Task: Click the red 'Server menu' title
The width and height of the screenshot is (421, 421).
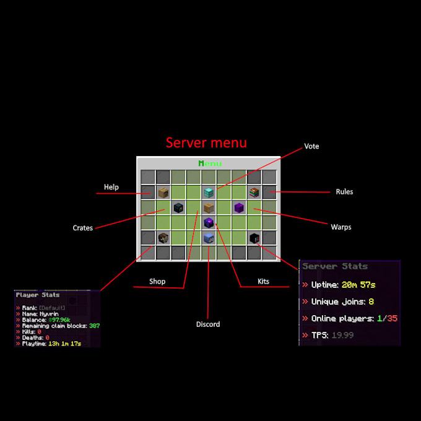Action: pyautogui.click(x=206, y=143)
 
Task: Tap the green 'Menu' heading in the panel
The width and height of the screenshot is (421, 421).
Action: pyautogui.click(x=210, y=163)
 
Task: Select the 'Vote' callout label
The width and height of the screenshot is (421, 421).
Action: pyautogui.click(x=311, y=147)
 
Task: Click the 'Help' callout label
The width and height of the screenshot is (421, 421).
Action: pyautogui.click(x=111, y=187)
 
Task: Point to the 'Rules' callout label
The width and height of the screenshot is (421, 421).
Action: pyautogui.click(x=344, y=192)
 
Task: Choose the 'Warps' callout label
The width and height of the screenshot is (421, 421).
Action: pyautogui.click(x=341, y=227)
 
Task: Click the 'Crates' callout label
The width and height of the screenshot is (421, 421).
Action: pyautogui.click(x=82, y=228)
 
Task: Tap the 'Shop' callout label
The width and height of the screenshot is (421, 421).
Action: pyautogui.click(x=157, y=281)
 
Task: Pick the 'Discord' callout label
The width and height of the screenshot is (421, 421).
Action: pyautogui.click(x=208, y=324)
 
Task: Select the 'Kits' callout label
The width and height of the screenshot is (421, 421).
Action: pyautogui.click(x=263, y=281)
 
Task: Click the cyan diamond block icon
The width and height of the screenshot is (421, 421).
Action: pyautogui.click(x=209, y=193)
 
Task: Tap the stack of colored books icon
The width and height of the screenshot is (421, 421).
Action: pyautogui.click(x=254, y=193)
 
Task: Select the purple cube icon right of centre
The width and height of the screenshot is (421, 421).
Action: pyautogui.click(x=239, y=207)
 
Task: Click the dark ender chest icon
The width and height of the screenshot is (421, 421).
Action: pyautogui.click(x=178, y=208)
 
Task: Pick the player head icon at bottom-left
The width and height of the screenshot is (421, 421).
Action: pyautogui.click(x=163, y=238)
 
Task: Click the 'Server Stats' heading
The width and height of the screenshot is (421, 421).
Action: pyautogui.click(x=335, y=266)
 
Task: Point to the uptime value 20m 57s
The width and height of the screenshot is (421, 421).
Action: pyautogui.click(x=358, y=285)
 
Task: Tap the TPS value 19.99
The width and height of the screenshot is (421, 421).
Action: pyautogui.click(x=344, y=335)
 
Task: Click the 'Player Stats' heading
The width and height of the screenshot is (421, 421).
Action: pyautogui.click(x=38, y=295)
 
